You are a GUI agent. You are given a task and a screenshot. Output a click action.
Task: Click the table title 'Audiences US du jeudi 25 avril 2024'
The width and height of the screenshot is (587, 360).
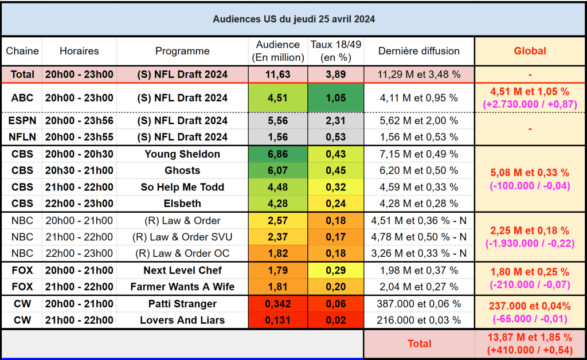coord(293,19)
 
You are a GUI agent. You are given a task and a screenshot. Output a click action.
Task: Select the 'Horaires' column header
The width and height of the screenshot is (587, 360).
coord(79,51)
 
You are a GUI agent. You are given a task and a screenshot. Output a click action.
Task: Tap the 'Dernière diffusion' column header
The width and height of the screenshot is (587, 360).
coord(418,51)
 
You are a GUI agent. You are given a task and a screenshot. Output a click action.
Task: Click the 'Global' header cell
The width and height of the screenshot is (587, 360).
coord(530,51)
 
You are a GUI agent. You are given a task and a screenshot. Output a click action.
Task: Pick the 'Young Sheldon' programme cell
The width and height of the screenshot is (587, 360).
coord(182,154)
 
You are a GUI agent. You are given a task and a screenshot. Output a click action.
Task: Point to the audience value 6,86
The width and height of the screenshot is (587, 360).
coord(278,154)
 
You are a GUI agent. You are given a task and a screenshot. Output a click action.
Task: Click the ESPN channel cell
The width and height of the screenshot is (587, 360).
coord(22,120)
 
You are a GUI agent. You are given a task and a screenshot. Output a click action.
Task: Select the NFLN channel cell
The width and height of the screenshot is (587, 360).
coord(22,136)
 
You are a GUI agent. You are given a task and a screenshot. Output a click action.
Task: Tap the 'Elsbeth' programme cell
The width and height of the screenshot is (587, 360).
coord(182,203)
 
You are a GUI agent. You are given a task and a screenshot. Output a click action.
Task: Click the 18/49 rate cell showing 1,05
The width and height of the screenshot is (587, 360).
coord(335,97)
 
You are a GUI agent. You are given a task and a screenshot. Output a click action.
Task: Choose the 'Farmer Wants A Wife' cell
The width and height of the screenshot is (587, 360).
coord(182,287)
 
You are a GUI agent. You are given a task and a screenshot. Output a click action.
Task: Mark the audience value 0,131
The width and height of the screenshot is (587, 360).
coord(278,320)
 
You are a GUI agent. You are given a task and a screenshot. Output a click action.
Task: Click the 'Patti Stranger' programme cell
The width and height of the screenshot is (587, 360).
coord(182,304)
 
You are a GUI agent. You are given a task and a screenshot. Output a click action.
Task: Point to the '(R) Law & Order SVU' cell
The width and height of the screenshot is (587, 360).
coord(182,237)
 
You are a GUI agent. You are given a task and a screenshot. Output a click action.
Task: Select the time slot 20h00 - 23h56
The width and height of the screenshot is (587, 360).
coord(79,120)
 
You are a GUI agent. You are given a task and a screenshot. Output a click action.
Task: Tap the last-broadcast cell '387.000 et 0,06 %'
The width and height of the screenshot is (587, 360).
coord(418,304)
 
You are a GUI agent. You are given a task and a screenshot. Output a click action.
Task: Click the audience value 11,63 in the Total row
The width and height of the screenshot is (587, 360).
coord(278,75)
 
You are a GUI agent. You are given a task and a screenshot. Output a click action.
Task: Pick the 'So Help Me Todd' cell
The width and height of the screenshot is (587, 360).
coord(182,187)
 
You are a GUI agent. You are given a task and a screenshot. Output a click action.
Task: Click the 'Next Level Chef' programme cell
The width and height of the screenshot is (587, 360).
coord(182,270)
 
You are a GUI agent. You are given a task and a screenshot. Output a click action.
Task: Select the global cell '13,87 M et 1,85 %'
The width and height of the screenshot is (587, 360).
coord(530,338)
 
